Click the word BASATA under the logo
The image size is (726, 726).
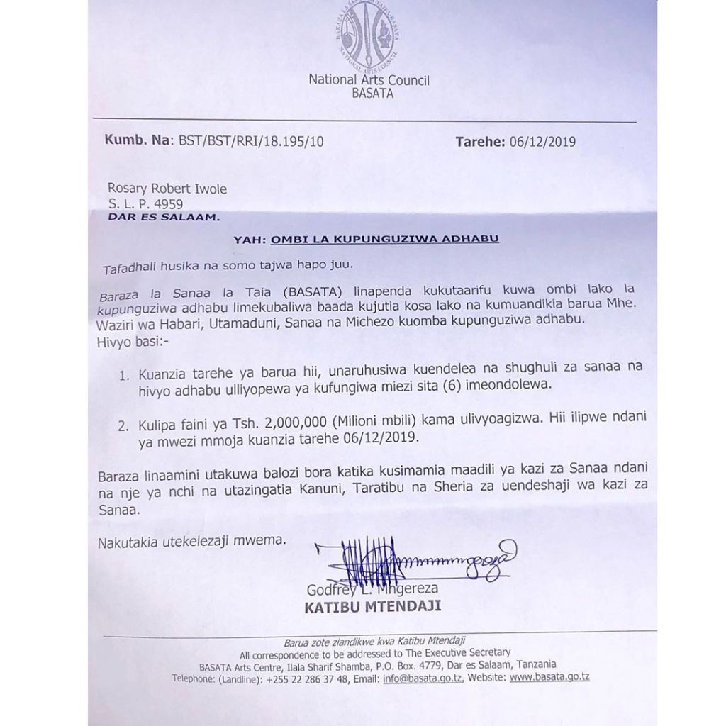368,93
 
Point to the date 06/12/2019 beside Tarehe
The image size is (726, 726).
542,141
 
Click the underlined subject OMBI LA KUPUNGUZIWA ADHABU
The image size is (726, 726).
385,239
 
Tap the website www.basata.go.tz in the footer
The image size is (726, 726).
549,678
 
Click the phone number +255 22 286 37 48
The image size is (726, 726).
306,678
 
